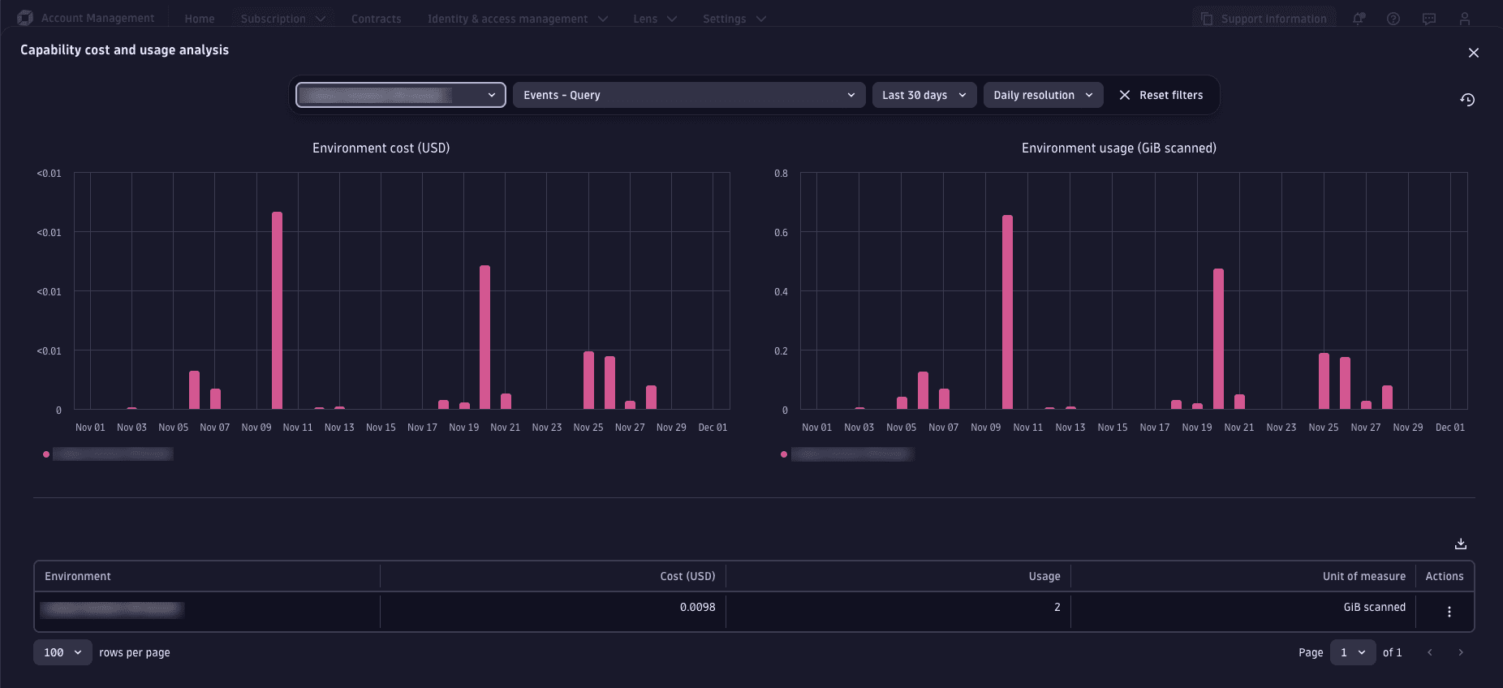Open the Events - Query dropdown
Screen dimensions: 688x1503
(x=688, y=95)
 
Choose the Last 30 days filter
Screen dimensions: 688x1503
(x=924, y=95)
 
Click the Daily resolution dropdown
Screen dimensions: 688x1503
(x=1043, y=95)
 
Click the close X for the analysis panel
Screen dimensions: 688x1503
(x=1473, y=53)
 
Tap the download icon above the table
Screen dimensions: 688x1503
(x=1460, y=544)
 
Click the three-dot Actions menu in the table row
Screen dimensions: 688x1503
(x=1449, y=612)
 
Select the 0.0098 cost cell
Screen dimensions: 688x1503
(x=697, y=607)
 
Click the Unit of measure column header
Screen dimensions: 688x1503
(x=1363, y=576)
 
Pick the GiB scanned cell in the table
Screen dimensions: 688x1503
(x=1374, y=607)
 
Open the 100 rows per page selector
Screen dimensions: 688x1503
(x=62, y=652)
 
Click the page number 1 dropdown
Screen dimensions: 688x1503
(x=1352, y=652)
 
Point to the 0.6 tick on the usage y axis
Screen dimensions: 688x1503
(x=781, y=233)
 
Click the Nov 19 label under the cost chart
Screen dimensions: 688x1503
(x=463, y=428)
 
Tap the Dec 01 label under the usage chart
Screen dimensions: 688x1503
(x=1449, y=428)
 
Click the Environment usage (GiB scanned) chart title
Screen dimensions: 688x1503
(x=1118, y=148)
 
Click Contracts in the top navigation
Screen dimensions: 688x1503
(x=376, y=19)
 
